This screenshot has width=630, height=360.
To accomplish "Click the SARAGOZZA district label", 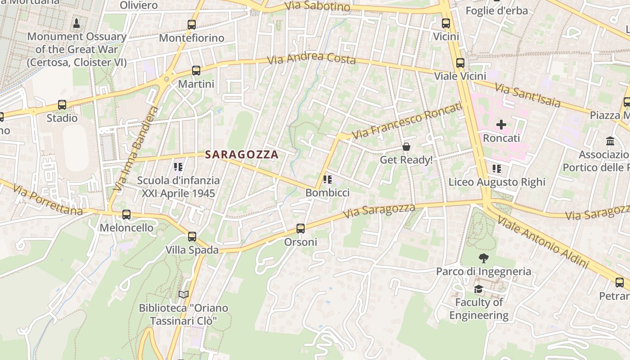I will tap(242, 154).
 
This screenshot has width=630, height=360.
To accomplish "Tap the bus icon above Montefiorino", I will tap(192, 25).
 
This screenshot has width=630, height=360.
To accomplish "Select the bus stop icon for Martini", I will tap(196, 71).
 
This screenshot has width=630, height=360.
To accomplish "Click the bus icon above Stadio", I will tap(62, 105).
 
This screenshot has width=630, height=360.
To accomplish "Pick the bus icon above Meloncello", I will tap(126, 215).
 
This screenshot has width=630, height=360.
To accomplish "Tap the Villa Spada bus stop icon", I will tap(192, 237).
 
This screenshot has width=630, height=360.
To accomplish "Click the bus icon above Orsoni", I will tap(301, 229).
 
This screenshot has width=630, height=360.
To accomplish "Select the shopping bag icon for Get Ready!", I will tap(406, 147).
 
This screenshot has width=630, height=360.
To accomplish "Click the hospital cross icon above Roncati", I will tap(501, 125).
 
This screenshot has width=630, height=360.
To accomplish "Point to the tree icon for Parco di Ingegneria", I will tap(484, 258).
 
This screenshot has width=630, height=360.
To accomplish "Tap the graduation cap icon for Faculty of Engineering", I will tap(478, 289).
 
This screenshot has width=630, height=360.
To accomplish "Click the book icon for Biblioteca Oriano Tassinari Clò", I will tap(183, 295).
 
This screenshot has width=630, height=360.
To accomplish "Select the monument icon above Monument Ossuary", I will tap(76, 23).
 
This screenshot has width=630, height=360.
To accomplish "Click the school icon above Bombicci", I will tap(328, 180).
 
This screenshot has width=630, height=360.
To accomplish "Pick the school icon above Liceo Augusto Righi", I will tap(497, 169).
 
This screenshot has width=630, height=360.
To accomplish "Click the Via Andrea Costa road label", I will tap(311, 58).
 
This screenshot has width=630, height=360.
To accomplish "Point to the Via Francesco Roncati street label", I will tap(407, 121).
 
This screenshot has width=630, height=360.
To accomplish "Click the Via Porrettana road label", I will tap(48, 199).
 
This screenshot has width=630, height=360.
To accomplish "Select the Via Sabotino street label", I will tap(318, 6).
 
